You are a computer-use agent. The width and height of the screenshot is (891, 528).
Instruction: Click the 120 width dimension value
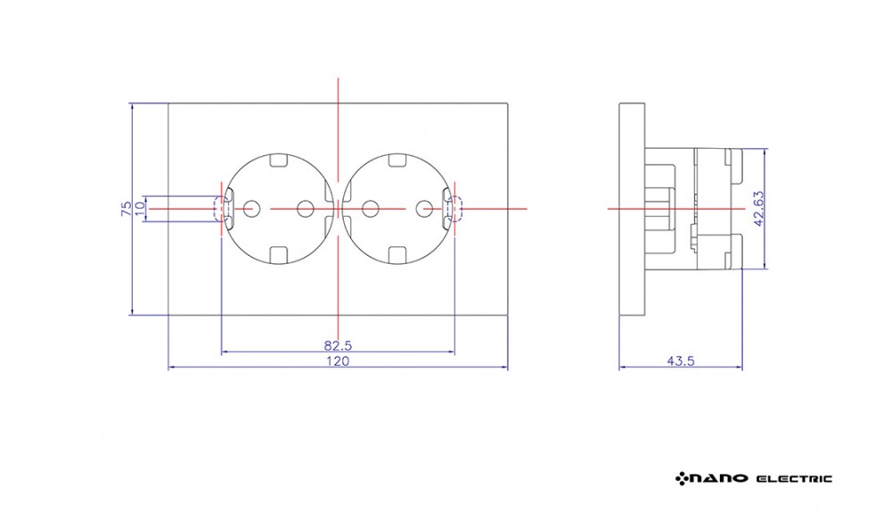(x=338, y=360)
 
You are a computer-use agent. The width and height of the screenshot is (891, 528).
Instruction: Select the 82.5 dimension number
(x=338, y=345)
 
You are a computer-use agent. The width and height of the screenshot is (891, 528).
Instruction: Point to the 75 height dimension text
(x=127, y=208)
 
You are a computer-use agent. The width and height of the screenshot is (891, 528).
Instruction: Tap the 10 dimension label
(x=140, y=210)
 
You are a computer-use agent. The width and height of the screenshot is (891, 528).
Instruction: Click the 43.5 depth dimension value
(x=681, y=360)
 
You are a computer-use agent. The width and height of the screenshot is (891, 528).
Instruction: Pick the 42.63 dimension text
(x=758, y=209)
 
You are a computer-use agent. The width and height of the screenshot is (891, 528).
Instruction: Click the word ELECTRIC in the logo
(x=795, y=479)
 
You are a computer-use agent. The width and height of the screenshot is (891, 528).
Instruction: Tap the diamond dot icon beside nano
(x=682, y=478)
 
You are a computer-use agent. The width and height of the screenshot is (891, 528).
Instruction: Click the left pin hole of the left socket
(x=249, y=209)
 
